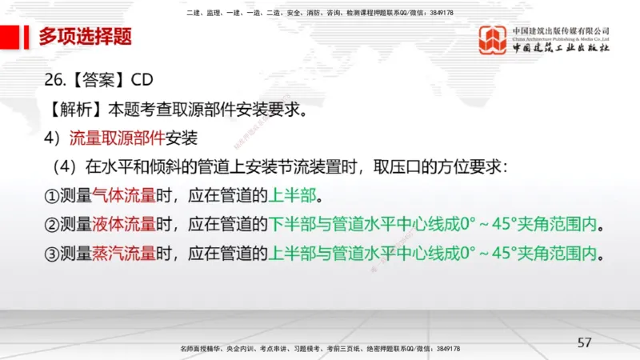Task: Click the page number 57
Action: (584, 342)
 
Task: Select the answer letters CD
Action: (138, 81)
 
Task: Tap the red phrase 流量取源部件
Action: (117, 137)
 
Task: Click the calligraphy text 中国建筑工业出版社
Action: (562, 49)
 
